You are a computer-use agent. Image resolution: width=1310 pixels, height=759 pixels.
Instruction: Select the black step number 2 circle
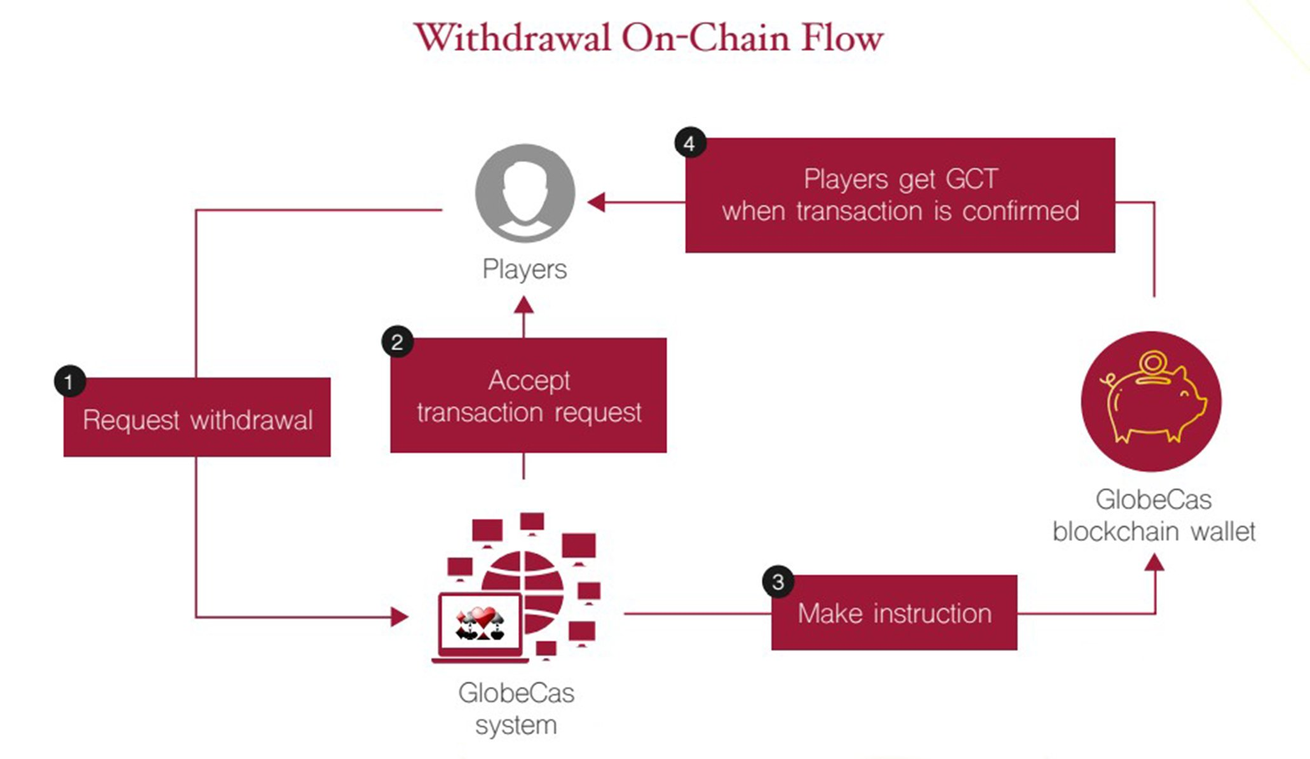pyautogui.click(x=398, y=342)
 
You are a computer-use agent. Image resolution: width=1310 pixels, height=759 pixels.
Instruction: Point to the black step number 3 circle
pyautogui.click(x=778, y=582)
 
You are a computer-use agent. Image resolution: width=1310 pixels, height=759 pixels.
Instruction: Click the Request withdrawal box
pyautogui.click(x=197, y=417)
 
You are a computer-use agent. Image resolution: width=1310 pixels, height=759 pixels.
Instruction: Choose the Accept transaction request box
pyautogui.click(x=529, y=395)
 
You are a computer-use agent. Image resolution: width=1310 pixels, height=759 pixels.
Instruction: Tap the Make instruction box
pyautogui.click(x=895, y=613)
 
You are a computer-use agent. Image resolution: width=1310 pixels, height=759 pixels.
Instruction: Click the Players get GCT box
pyautogui.click(x=900, y=195)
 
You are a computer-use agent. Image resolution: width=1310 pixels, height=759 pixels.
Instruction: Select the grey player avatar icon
pyautogui.click(x=525, y=193)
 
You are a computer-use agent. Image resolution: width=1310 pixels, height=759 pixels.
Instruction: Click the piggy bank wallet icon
pyautogui.click(x=1151, y=402)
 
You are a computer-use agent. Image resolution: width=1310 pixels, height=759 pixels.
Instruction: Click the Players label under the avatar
pyautogui.click(x=525, y=270)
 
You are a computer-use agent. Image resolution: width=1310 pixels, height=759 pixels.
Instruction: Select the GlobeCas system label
pyautogui.click(x=516, y=709)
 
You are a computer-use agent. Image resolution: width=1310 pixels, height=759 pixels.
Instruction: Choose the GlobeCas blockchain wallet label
pyautogui.click(x=1154, y=516)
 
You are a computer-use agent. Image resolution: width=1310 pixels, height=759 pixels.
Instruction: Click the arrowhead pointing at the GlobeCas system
pyautogui.click(x=400, y=616)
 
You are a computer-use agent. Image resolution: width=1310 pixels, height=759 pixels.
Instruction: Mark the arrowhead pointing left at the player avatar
pyautogui.click(x=596, y=202)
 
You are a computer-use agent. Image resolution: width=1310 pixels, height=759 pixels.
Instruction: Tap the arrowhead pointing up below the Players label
pyautogui.click(x=523, y=305)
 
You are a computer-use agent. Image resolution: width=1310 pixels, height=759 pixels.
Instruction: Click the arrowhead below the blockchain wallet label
pyautogui.click(x=1154, y=562)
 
